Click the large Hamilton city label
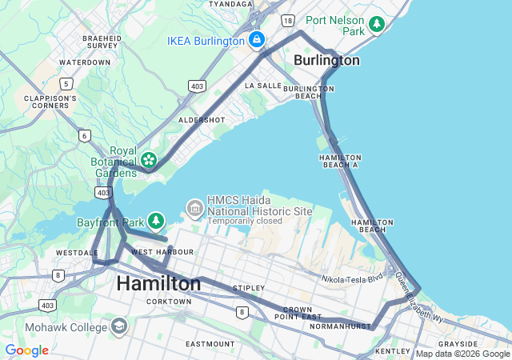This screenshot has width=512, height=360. (158, 283)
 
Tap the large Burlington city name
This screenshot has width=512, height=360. (326, 60)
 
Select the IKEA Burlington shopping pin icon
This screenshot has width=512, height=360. (256, 39)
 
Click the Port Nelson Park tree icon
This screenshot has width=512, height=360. (377, 25)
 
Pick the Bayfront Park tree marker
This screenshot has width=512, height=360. (156, 220)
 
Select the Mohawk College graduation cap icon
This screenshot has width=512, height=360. (119, 326)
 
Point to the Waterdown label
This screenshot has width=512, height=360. (85, 62)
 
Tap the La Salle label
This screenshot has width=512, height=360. (263, 85)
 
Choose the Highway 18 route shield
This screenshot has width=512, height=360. (288, 20)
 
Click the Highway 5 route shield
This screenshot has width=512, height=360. (66, 83)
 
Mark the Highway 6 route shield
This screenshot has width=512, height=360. (85, 136)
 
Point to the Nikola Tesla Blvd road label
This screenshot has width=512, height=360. (352, 279)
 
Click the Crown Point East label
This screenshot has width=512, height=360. (297, 313)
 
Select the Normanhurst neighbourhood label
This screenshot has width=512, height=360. (341, 326)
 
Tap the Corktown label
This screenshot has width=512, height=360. (169, 302)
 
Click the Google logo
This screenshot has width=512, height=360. (26, 350)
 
